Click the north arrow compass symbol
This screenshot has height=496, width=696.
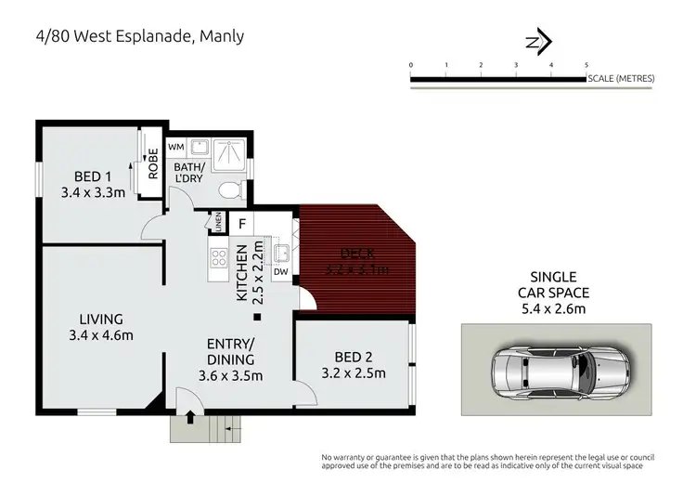click(539, 41)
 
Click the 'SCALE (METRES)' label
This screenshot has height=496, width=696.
click(621, 78)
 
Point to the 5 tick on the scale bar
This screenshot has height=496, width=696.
click(586, 65)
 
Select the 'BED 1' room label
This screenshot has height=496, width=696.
click(93, 177)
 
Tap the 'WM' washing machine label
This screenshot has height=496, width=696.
click(175, 147)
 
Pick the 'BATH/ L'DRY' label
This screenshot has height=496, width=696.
click(192, 172)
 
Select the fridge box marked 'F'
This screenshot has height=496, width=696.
click(241, 223)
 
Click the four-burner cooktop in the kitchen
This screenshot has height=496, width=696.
click(219, 259)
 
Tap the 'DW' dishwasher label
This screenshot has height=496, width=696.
click(279, 272)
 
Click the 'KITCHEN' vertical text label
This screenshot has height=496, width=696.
click(241, 274)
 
